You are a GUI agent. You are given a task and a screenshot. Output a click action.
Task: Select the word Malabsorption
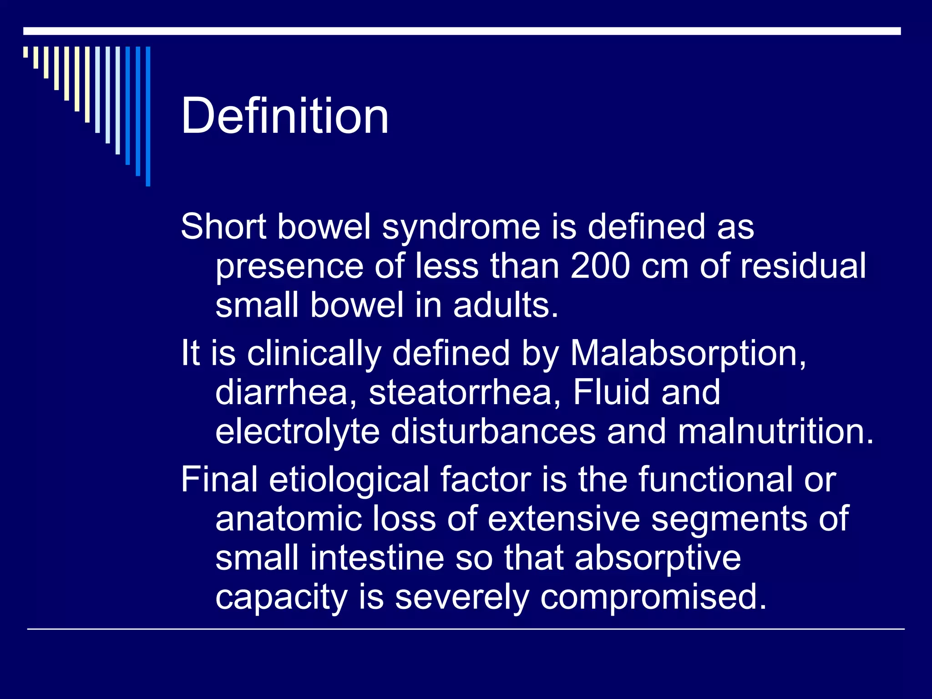[688, 353]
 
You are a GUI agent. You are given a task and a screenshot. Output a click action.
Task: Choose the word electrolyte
[297, 432]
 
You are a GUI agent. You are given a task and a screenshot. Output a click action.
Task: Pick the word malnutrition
[775, 431]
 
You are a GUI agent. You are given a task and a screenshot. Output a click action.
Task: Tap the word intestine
[377, 558]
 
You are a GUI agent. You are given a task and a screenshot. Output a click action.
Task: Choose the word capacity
[281, 598]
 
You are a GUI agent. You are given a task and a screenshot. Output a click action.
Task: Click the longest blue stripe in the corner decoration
[148, 116]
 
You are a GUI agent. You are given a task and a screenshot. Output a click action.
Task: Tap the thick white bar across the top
[461, 31]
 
